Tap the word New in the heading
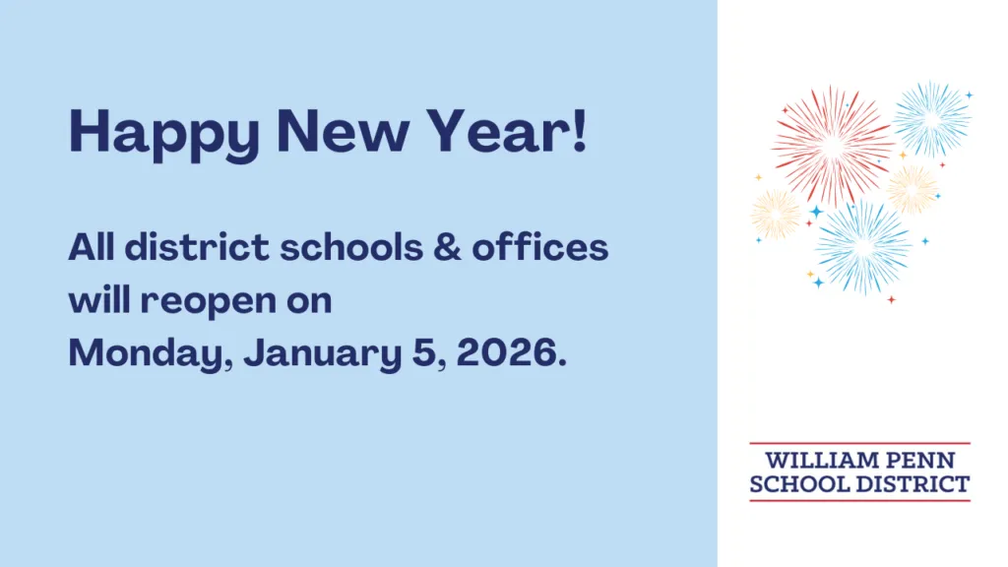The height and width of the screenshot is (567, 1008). [x=343, y=131]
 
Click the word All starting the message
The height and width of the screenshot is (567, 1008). [x=92, y=247]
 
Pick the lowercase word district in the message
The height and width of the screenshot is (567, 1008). [x=197, y=247]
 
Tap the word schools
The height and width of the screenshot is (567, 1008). [x=351, y=247]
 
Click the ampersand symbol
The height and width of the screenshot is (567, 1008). [x=448, y=247]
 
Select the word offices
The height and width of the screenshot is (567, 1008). [x=540, y=247]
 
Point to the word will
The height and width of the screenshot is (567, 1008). [x=99, y=299]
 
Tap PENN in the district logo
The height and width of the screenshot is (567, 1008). [x=920, y=461]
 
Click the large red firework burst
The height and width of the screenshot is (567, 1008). [x=833, y=147]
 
